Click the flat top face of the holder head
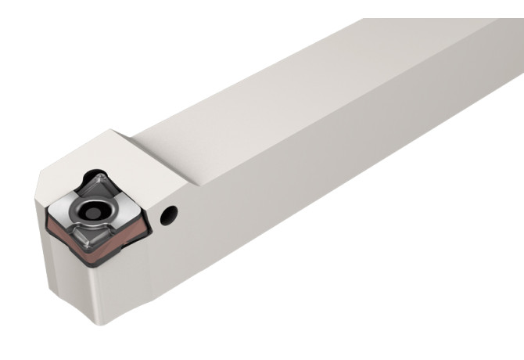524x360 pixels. coord(117,153)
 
